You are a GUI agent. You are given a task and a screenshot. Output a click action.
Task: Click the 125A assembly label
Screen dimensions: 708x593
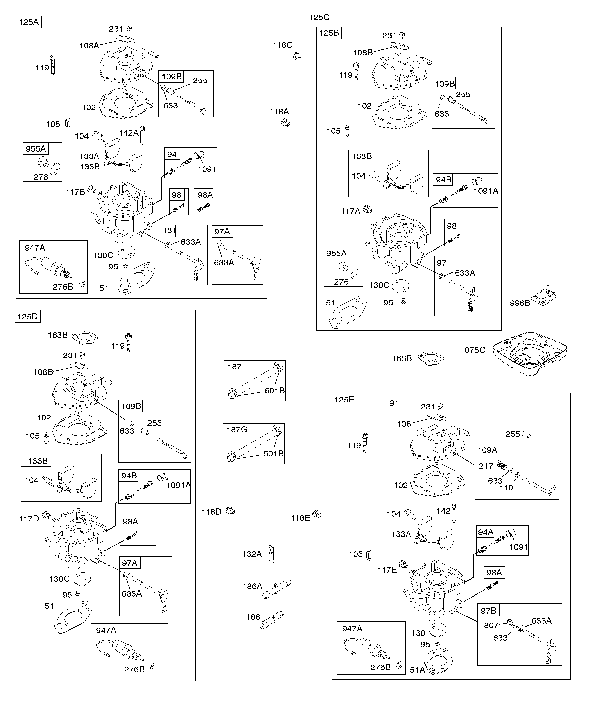point(29,22)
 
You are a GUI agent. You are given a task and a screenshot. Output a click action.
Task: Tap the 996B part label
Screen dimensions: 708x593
point(520,303)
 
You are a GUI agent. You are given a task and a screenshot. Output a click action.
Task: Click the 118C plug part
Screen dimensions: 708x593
point(297,56)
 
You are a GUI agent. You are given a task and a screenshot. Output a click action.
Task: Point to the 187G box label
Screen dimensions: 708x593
point(237,430)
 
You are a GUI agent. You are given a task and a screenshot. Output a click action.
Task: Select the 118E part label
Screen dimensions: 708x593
point(300,518)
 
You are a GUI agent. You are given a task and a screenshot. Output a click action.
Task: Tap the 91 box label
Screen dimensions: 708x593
point(394,403)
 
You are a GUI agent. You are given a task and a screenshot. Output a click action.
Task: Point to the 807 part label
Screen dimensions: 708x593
point(491,625)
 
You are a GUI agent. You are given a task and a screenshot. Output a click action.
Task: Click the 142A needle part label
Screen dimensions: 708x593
point(129,133)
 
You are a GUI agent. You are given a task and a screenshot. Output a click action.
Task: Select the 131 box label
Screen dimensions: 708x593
point(169,231)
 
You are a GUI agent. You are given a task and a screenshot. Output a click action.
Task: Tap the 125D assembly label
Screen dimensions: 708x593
point(28,317)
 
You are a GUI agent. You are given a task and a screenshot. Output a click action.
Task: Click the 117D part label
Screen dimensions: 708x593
point(29,518)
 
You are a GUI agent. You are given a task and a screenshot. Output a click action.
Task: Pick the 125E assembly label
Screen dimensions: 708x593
point(344,400)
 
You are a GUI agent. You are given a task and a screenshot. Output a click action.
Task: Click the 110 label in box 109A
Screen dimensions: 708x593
point(506,488)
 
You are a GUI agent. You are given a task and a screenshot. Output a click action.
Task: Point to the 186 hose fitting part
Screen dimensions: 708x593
point(271,620)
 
